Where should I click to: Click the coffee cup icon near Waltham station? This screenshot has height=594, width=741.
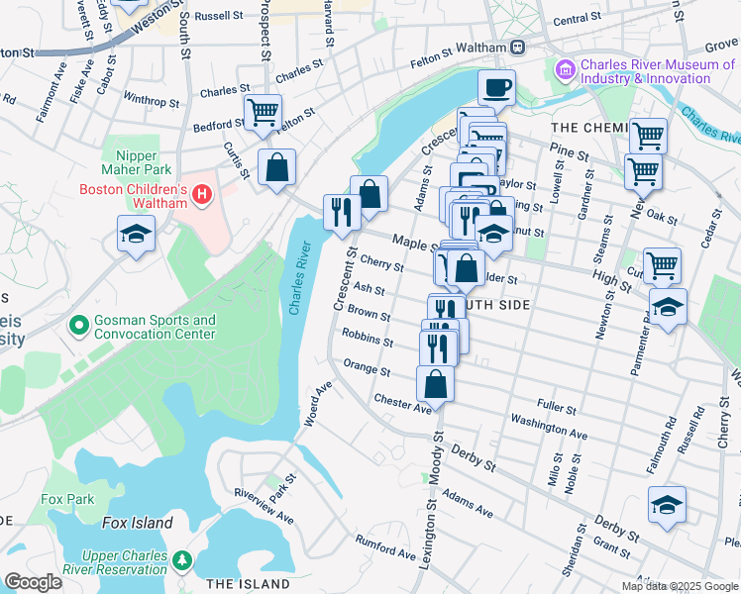[x=497, y=87]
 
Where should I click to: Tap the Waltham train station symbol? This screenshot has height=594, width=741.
[x=518, y=48]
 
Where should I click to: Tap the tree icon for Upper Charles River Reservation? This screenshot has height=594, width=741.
[x=181, y=561]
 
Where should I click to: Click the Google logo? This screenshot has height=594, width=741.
[x=33, y=582]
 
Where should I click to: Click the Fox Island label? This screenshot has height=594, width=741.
[x=137, y=523]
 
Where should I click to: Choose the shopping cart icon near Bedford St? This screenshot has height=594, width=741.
[x=263, y=112]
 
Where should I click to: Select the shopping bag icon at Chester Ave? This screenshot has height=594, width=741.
[x=435, y=382]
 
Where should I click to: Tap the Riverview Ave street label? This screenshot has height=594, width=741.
[x=264, y=505]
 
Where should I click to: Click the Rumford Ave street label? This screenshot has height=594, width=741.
[x=386, y=545]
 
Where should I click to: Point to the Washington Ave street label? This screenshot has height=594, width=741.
[x=550, y=427]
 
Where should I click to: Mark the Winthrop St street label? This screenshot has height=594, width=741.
[x=151, y=100]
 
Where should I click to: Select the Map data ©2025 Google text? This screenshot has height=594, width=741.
[x=680, y=585]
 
